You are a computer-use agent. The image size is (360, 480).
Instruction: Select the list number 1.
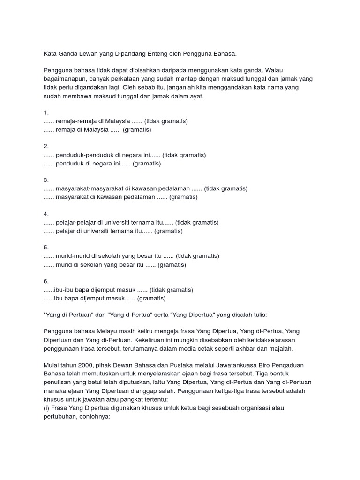[x=46, y=113]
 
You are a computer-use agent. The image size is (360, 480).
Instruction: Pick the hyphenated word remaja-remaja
[x=76, y=121]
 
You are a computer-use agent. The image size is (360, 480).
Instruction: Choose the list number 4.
[x=46, y=214]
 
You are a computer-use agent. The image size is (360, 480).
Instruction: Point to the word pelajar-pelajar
[x=78, y=223]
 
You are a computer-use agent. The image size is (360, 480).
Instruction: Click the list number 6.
[x=46, y=282]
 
